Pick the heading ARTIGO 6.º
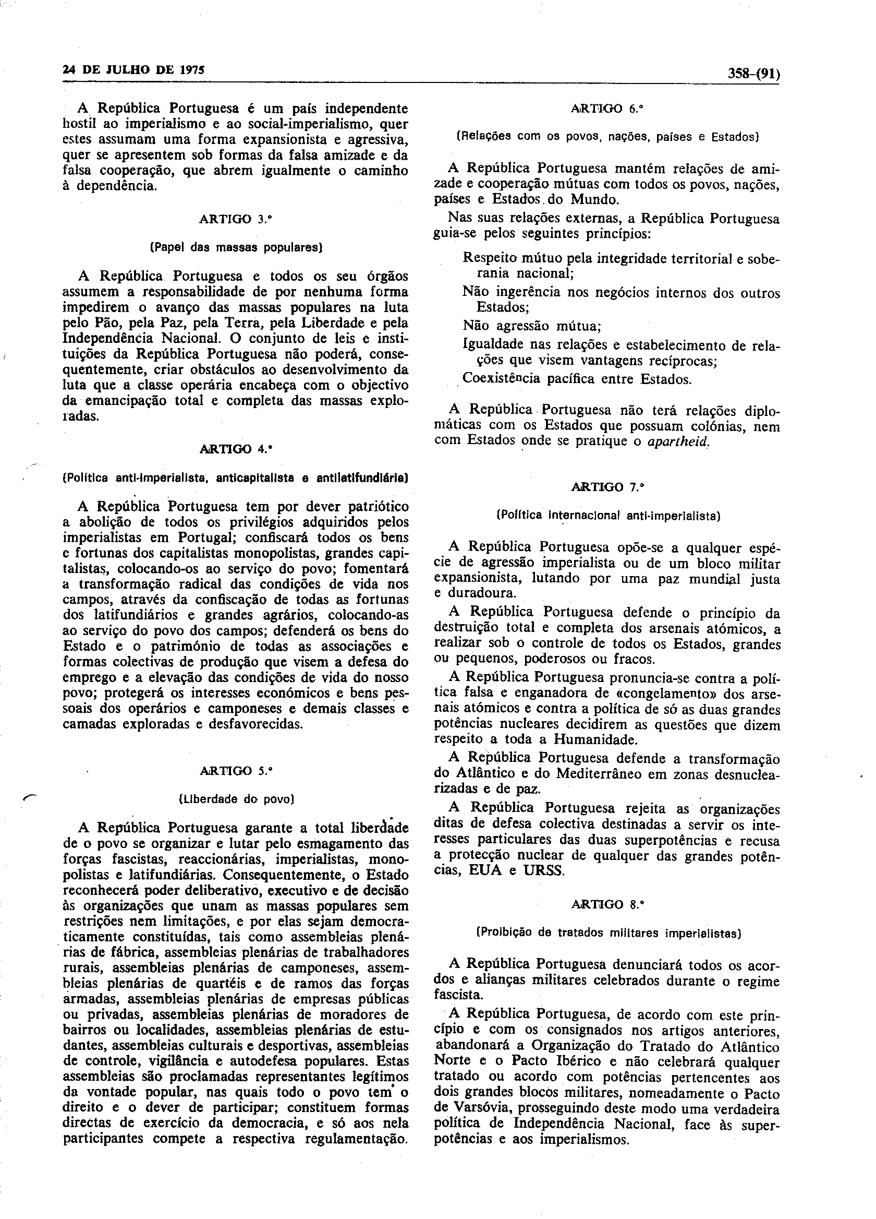[607, 108]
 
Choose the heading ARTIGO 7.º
[607, 487]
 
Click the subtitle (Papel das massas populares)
[235, 248]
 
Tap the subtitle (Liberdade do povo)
[236, 799]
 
